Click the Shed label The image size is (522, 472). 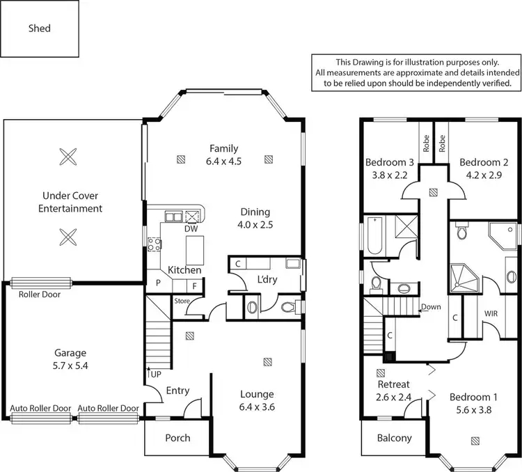[40, 29]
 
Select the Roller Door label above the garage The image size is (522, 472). [40, 294]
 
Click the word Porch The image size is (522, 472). [177, 438]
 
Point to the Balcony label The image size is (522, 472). [395, 439]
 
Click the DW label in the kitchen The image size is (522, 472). [190, 228]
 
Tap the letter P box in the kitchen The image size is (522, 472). [158, 284]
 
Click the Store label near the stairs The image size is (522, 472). [181, 301]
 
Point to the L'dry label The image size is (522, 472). [268, 279]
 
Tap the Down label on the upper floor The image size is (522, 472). [431, 307]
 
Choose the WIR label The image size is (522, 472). [491, 314]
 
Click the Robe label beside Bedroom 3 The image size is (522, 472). [426, 143]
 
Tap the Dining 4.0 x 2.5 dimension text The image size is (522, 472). [255, 225]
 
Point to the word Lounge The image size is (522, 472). [258, 394]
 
